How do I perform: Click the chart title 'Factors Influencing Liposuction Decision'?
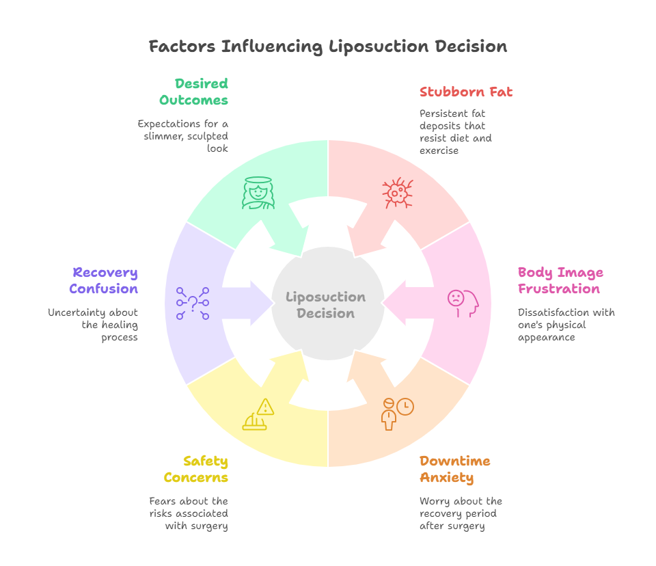coord(328,46)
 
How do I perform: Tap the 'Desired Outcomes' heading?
coord(194,92)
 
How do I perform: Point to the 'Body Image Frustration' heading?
coord(560,280)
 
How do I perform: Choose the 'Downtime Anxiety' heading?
coord(455,469)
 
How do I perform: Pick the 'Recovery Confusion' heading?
coord(104,280)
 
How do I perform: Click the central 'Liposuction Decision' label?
coord(326,305)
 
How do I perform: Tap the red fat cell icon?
coord(396,193)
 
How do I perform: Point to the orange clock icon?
coord(405,407)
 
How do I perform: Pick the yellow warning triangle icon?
coord(264,407)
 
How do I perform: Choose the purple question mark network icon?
coord(193,303)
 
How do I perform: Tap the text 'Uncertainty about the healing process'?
coord(93,325)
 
